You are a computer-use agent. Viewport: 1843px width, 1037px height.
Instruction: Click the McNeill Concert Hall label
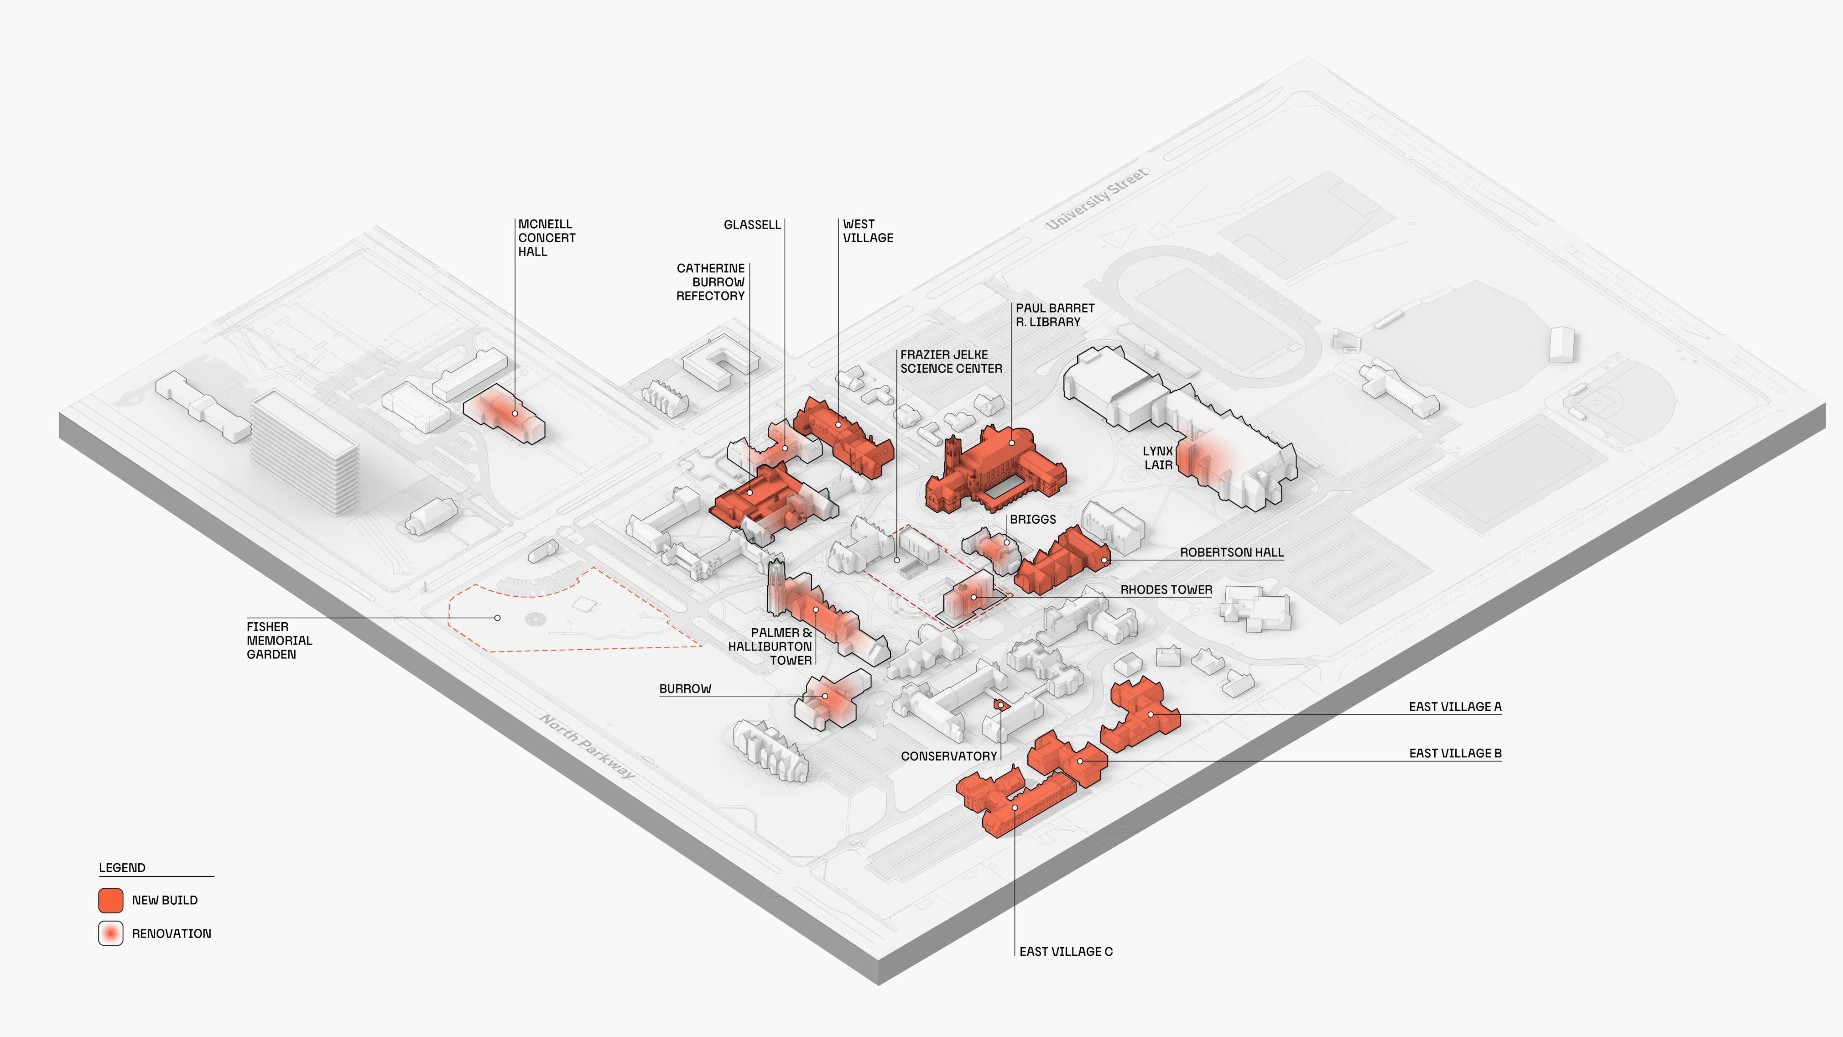pos(546,238)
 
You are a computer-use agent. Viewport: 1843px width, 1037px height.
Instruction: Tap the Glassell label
pos(752,225)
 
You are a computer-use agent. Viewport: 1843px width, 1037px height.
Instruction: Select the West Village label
pos(867,231)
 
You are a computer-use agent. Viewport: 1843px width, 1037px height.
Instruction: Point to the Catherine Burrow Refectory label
pos(710,282)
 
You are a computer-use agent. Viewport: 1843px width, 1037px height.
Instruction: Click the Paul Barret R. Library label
pos(1055,315)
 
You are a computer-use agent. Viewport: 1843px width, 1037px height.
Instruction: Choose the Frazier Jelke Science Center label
pos(951,361)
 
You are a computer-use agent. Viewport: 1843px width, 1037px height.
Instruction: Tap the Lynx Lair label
pos(1158,458)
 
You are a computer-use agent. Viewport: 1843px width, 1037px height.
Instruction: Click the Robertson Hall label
pos(1231,552)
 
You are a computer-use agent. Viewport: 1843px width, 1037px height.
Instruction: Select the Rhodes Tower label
pos(1166,590)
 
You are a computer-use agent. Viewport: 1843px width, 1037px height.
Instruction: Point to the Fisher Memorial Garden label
pos(279,641)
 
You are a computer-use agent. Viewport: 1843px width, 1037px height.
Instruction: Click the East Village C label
pos(1065,951)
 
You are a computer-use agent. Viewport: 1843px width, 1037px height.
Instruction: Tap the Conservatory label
pos(949,756)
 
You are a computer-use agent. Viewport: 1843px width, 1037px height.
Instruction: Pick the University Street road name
pos(1097,198)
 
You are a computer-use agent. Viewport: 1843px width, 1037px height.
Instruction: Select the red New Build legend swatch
pos(111,900)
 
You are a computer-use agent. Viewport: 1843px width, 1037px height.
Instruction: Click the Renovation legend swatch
pos(111,933)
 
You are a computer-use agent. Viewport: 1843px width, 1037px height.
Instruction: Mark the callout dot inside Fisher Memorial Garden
pos(497,618)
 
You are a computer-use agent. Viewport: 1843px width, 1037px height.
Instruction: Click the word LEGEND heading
pos(122,867)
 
